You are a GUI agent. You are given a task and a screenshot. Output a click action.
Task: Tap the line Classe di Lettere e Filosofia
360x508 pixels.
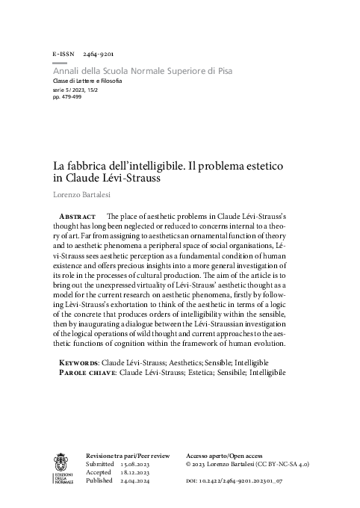point(87,80)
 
